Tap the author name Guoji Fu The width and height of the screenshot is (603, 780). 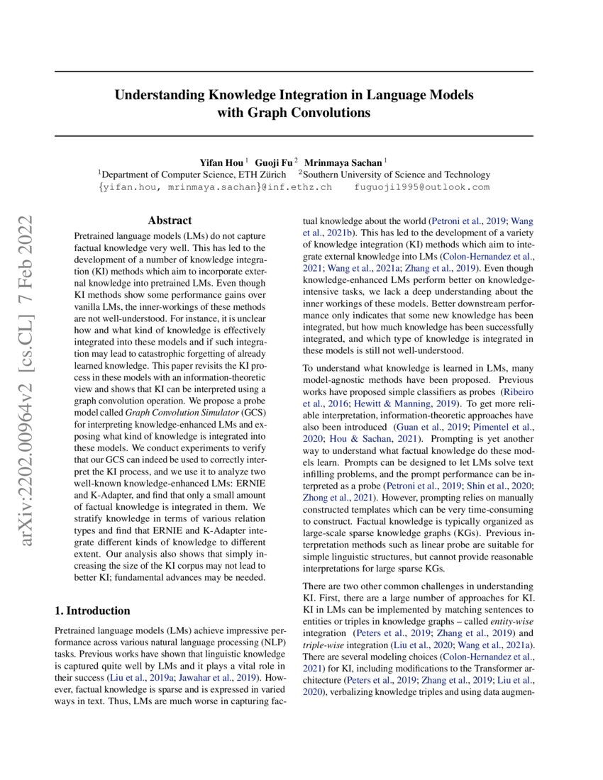pyautogui.click(x=273, y=162)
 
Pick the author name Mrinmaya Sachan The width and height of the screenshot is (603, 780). pyautogui.click(x=348, y=162)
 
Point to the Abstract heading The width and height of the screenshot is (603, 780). pyautogui.click(x=170, y=221)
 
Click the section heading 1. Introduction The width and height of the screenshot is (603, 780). pyautogui.click(x=92, y=611)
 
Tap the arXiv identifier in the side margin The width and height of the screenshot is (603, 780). pyautogui.click(x=29, y=383)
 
